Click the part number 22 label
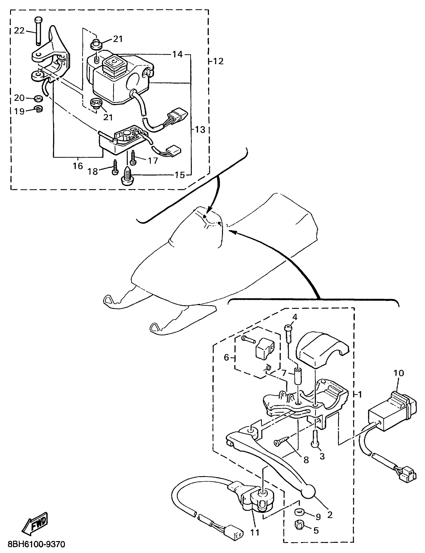19,31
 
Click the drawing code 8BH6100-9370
36,544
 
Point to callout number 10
399,373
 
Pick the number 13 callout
200,130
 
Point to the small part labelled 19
39,109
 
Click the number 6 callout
226,357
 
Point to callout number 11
255,532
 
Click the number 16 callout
78,166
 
